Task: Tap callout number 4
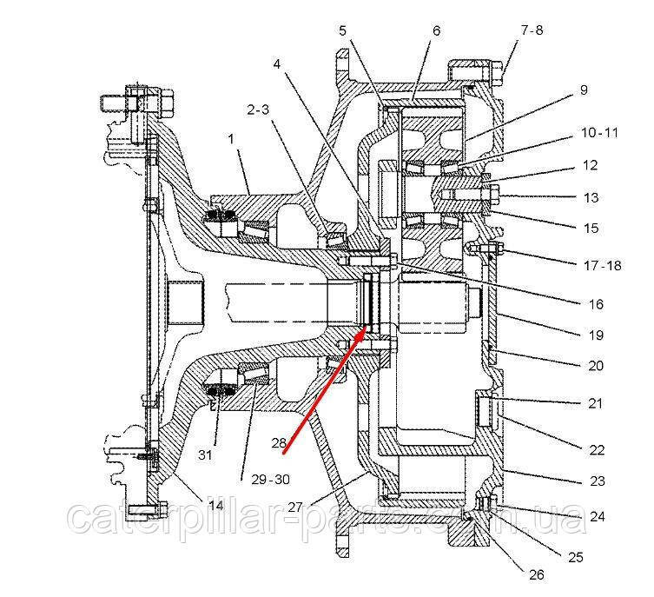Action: pyautogui.click(x=277, y=63)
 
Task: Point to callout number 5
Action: pyautogui.click(x=343, y=30)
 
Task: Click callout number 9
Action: pyautogui.click(x=584, y=89)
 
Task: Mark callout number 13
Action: pyautogui.click(x=591, y=198)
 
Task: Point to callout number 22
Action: pyautogui.click(x=595, y=449)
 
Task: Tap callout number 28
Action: pyautogui.click(x=278, y=441)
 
